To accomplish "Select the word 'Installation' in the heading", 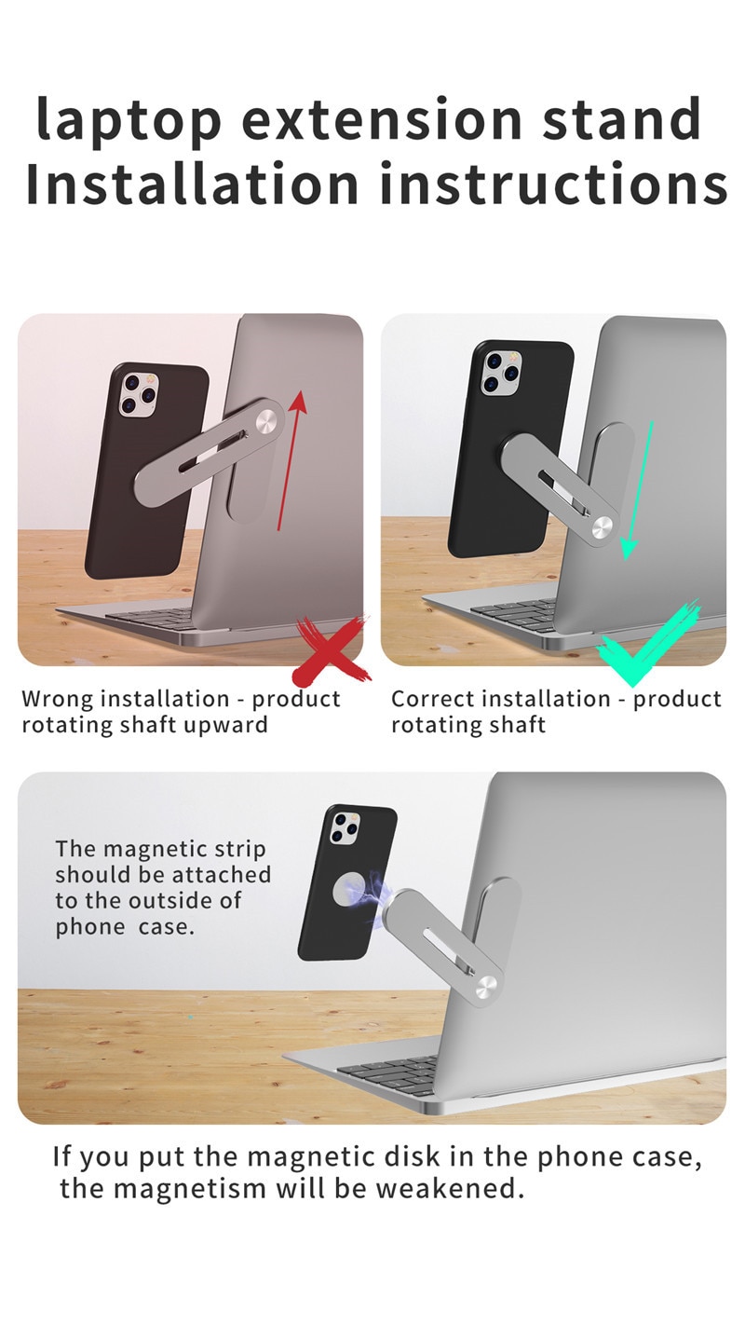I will click(x=191, y=184).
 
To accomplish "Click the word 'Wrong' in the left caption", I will click(x=59, y=699).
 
